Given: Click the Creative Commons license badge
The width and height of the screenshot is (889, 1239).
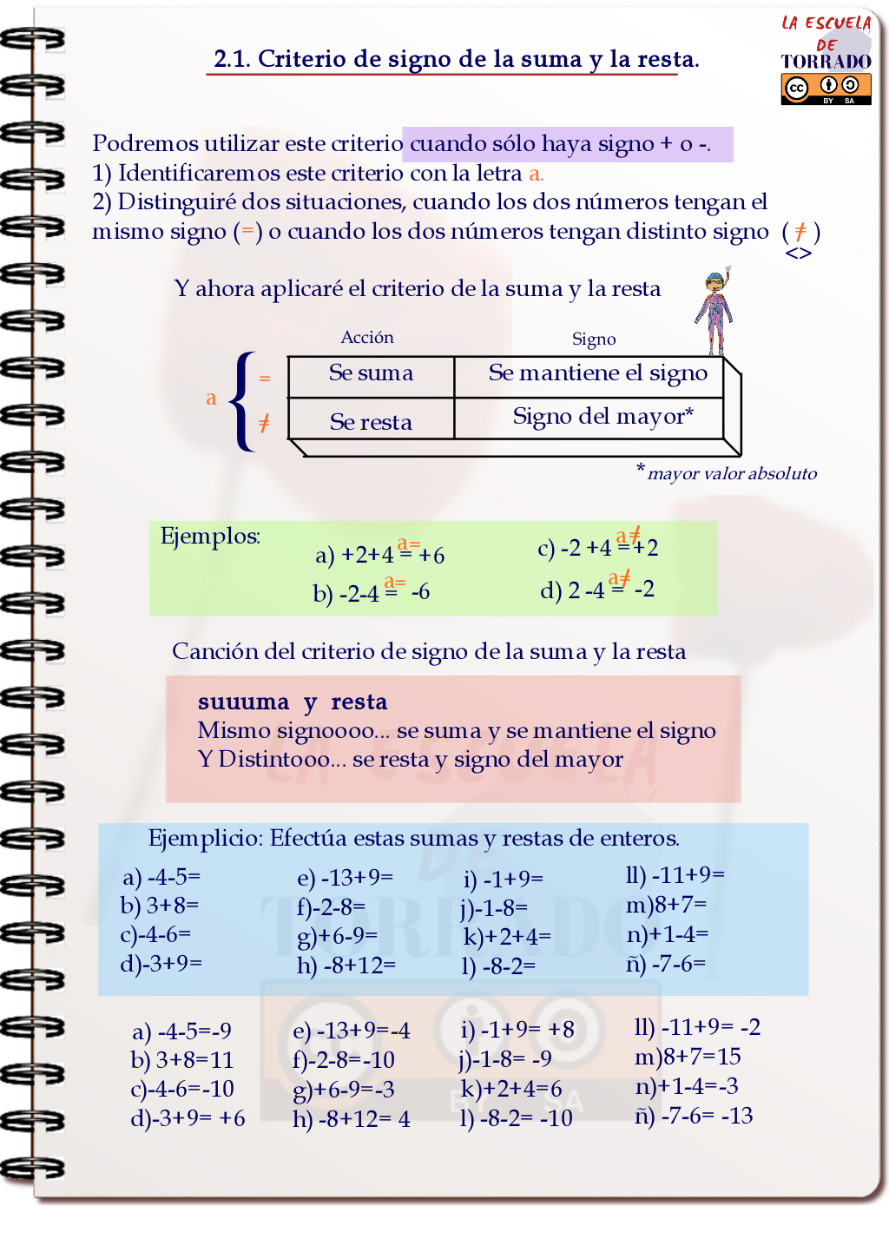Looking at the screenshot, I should (x=825, y=89).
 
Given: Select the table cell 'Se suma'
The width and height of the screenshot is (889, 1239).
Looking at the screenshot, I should (x=371, y=373).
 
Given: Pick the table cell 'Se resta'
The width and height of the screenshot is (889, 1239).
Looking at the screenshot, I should (x=371, y=422).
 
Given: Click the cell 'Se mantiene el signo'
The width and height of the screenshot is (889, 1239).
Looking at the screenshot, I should (x=597, y=373).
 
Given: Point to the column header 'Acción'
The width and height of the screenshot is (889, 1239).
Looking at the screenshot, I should (x=367, y=338).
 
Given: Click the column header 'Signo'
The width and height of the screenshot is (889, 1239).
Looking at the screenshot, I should (x=594, y=339).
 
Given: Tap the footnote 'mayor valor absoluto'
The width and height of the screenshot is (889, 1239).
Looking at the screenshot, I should (x=731, y=474).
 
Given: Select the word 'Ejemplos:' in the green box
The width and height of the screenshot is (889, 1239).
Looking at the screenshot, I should (x=210, y=537).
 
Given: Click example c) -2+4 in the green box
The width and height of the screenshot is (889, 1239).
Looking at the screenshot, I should (x=597, y=547).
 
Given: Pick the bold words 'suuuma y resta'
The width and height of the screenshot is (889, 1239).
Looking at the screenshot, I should (x=293, y=702).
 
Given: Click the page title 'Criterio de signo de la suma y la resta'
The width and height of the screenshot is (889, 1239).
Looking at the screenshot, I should (x=456, y=59).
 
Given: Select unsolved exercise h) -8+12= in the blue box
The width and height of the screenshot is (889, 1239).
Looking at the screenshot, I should (x=346, y=965).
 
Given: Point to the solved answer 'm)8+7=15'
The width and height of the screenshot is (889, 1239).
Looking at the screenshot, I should (x=688, y=1057).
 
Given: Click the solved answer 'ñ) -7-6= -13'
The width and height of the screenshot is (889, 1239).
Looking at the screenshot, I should (x=693, y=1116).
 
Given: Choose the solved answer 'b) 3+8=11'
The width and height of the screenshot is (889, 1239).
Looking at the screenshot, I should (x=182, y=1060).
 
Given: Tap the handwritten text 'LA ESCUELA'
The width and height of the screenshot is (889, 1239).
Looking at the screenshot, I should (x=826, y=23).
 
